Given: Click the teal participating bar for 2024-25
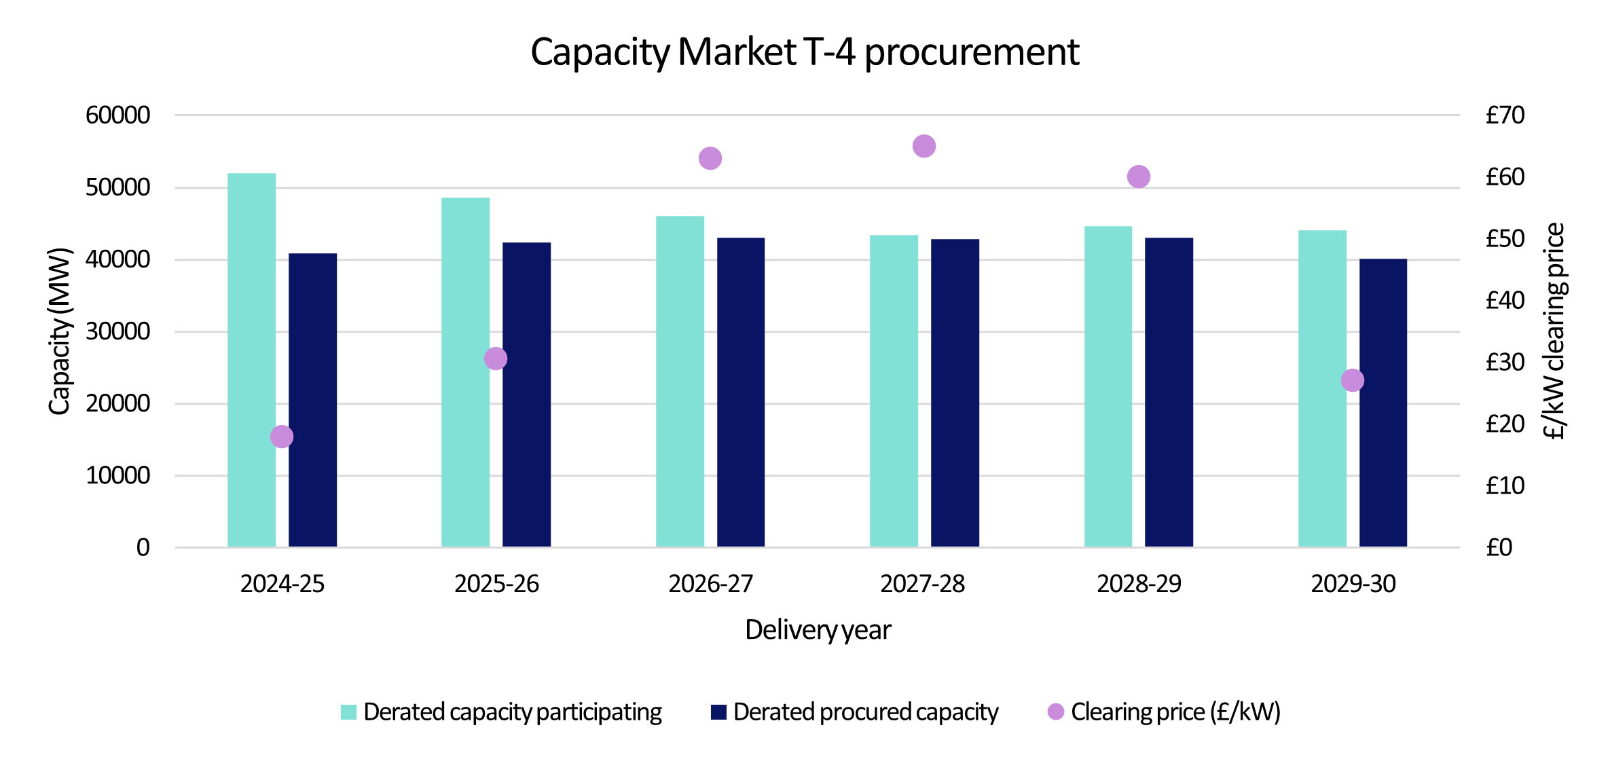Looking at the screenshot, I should (x=251, y=360).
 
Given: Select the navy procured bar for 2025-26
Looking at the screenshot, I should (x=526, y=394).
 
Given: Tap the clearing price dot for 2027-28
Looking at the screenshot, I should (x=924, y=146).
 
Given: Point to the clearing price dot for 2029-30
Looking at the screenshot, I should (x=1352, y=380).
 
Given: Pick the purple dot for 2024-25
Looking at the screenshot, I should (x=282, y=437).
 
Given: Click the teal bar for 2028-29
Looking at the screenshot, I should (x=1108, y=387).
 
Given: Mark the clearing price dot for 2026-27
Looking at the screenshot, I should (x=710, y=158).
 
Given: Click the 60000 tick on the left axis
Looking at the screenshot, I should (x=118, y=115).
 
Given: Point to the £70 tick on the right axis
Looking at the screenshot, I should (x=1505, y=115).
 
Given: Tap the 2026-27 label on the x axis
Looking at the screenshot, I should (x=711, y=584).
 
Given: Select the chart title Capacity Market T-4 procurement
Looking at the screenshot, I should (x=805, y=52).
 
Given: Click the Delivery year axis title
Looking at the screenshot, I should (x=818, y=630).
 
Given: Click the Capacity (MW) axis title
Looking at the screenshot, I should (x=60, y=331).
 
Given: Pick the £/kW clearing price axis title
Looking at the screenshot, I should (x=1554, y=331).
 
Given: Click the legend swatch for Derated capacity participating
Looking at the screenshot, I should (x=348, y=712).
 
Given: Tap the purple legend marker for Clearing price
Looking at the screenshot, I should (x=1056, y=712).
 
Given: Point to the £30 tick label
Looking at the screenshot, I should (x=1505, y=362).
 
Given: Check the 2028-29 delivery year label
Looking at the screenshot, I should (x=1139, y=584).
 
